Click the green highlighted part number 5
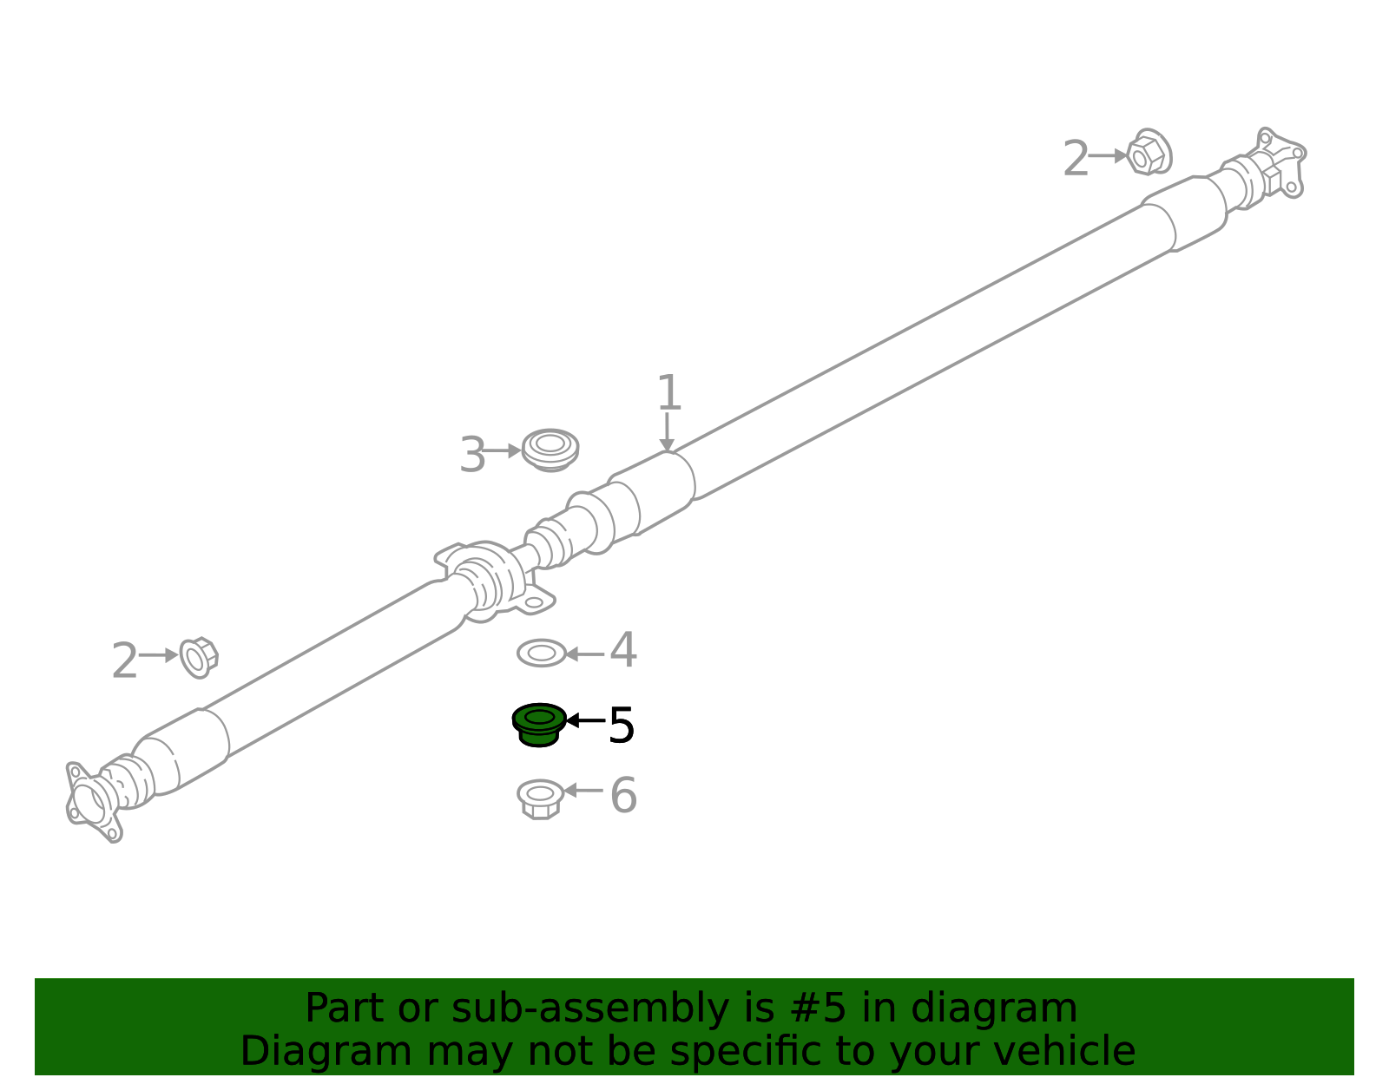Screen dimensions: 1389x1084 pos(539,724)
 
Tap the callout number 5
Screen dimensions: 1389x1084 pos(620,725)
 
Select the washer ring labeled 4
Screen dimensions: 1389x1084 pos(542,653)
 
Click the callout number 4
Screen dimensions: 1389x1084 pos(622,650)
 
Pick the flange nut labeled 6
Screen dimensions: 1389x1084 pos(540,798)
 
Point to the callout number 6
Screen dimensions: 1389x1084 pos(623,795)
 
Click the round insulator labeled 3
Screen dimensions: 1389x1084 pos(550,450)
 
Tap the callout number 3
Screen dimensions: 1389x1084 pos(472,454)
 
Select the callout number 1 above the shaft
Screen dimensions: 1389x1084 pos(669,392)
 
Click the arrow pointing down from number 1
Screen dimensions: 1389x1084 pos(667,432)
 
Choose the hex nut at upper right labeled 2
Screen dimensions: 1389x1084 pos(1149,152)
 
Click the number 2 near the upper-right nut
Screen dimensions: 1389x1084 pos(1075,158)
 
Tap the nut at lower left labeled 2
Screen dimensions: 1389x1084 pos(199,657)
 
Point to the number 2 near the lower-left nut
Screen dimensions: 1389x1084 pos(124,660)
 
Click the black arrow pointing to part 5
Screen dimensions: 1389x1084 pos(585,720)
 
